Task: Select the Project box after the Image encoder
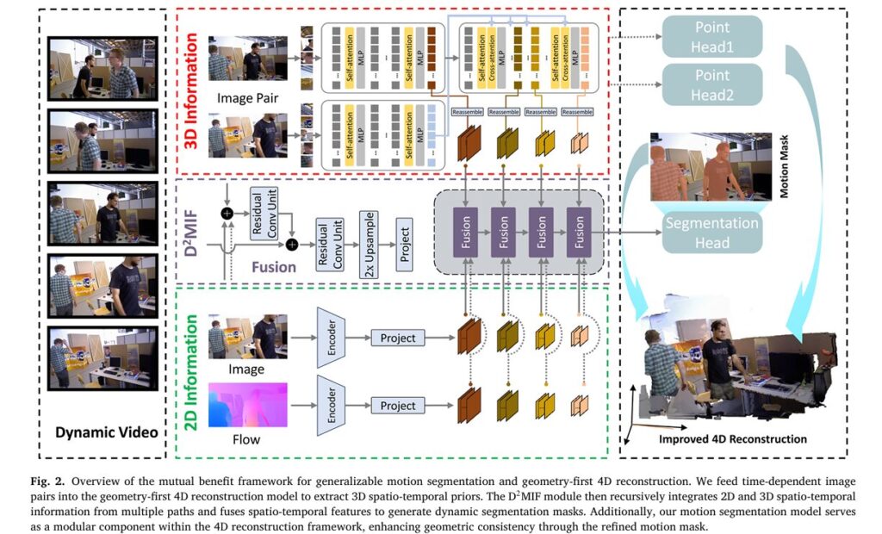397,338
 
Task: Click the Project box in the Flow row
397,405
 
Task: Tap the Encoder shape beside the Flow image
332,405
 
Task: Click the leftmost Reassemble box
467,112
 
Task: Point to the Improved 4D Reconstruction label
732,439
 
